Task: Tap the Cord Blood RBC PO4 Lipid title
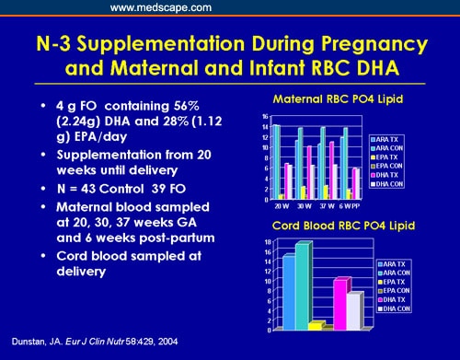(x=339, y=226)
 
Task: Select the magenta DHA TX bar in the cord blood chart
(x=339, y=303)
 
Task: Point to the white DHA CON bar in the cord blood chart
(x=354, y=310)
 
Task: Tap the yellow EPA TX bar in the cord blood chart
(x=315, y=325)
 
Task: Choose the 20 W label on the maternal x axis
(x=279, y=203)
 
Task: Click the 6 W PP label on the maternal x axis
(x=350, y=203)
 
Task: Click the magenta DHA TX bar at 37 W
(x=331, y=169)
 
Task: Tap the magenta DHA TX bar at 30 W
(x=308, y=172)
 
